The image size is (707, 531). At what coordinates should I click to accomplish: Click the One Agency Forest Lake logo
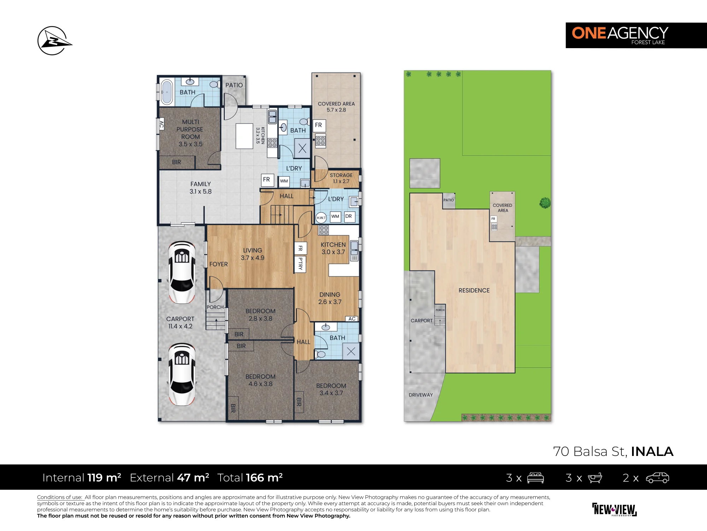[x=636, y=35]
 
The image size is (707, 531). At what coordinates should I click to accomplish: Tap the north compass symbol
[x=54, y=41]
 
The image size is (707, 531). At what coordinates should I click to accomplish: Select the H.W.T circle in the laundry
[x=321, y=217]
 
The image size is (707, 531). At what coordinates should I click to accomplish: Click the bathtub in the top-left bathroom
[x=166, y=92]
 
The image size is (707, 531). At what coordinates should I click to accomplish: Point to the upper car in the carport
[x=182, y=272]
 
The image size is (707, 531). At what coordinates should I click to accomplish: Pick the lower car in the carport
[x=182, y=374]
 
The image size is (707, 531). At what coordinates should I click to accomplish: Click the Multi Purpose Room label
[x=190, y=133]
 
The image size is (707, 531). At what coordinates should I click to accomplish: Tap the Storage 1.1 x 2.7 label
[x=341, y=178]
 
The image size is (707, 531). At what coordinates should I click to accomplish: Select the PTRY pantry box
[x=300, y=264]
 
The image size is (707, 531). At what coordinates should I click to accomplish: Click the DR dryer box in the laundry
[x=349, y=216]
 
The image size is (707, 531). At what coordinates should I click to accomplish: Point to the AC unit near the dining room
[x=352, y=319]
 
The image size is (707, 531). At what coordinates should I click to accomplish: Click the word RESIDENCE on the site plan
[x=474, y=290]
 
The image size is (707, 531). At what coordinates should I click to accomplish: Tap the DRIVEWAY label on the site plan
[x=421, y=395]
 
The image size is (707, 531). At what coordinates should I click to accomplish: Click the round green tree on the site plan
[x=545, y=203]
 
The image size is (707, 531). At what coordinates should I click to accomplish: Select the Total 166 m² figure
[x=250, y=478]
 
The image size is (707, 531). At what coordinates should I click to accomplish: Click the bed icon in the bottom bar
[x=535, y=478]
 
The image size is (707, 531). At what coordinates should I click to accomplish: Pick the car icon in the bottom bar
[x=658, y=478]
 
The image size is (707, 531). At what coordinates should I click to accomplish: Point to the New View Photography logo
[x=614, y=509]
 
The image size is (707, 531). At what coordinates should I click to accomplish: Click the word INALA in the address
[x=652, y=451]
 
